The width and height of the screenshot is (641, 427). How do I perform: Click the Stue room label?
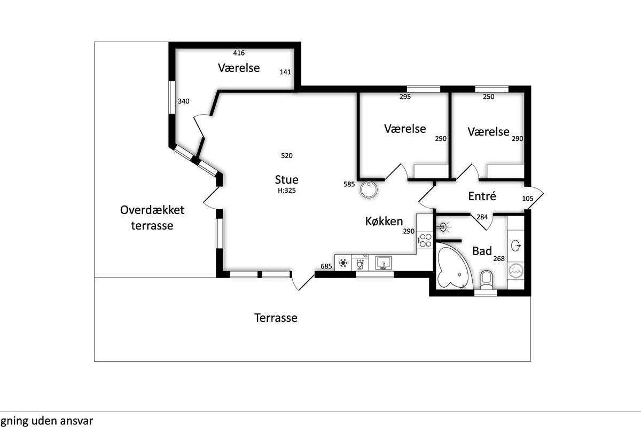[286, 180]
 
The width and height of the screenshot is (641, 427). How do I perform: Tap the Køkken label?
[384, 221]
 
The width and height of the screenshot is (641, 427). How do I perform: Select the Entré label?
[482, 196]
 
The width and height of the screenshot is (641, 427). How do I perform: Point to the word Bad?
[482, 251]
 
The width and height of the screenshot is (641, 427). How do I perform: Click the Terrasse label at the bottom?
[276, 318]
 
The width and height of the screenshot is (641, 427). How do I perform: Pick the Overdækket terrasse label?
[152, 218]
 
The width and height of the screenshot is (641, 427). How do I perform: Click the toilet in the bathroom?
[486, 280]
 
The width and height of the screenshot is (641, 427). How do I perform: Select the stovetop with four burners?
[425, 240]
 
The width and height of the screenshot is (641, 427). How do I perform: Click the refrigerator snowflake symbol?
[343, 263]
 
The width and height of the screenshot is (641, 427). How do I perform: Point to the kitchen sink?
[384, 263]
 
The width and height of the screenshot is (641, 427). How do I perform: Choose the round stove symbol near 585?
[369, 189]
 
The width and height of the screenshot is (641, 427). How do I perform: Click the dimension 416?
[239, 53]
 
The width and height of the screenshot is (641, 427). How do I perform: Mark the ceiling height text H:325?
[287, 191]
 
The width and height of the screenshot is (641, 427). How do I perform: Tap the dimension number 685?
[326, 266]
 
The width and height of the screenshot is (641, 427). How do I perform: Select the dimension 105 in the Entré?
[527, 199]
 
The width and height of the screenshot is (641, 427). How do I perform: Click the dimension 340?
[183, 101]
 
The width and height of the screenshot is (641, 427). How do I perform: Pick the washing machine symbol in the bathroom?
[516, 271]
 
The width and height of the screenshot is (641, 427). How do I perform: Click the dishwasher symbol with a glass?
[360, 262]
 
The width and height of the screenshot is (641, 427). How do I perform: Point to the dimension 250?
[488, 97]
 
